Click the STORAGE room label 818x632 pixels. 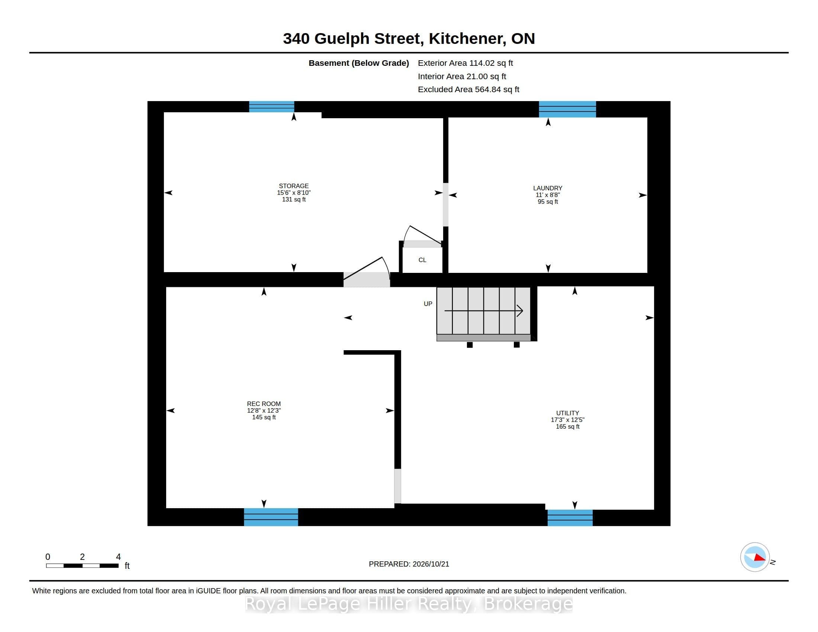294,186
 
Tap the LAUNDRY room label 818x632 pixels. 548,188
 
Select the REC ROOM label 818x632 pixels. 264,404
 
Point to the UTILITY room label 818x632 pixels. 567,413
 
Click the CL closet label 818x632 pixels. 422,260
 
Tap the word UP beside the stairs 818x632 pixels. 428,304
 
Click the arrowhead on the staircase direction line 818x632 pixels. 520,311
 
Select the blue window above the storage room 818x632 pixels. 271,107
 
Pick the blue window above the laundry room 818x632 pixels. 567,109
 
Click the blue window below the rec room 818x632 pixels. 271,517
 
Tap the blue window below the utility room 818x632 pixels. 570,518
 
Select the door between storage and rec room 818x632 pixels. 367,271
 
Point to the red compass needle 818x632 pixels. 760,558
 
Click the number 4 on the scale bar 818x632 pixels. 118,557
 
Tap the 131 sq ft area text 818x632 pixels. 294,200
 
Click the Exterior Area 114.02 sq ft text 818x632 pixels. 465,63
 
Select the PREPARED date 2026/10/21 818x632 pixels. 430,564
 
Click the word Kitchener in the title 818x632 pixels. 466,39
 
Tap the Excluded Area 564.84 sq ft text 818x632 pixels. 468,90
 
